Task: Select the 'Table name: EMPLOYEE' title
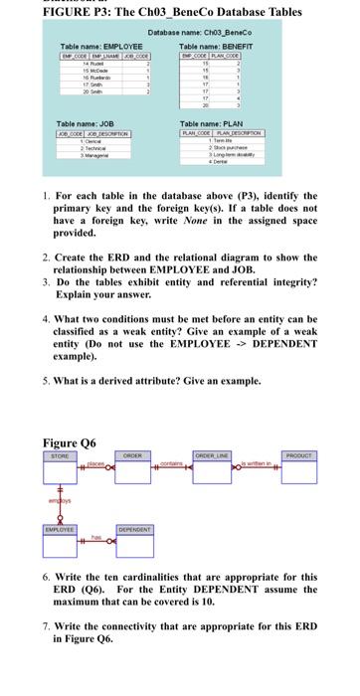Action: click(98, 47)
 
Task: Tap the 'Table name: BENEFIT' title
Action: click(213, 47)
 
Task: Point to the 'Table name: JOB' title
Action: click(85, 150)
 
